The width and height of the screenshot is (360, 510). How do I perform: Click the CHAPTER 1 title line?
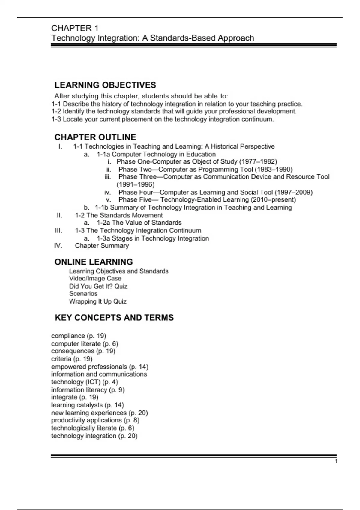pos(75,28)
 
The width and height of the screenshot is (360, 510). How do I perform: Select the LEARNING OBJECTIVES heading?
pos(105,85)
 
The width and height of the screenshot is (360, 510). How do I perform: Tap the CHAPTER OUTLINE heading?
pos(95,137)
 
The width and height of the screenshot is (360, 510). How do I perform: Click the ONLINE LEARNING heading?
pos(94,262)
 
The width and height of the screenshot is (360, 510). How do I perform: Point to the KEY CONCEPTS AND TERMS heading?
pos(114,318)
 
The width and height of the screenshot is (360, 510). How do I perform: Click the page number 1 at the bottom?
pos(336,461)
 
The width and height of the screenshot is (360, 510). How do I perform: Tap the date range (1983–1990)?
pos(273,169)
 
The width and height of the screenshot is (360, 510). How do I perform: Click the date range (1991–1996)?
pos(136,184)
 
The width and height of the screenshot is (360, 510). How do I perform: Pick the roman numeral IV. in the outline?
pos(58,246)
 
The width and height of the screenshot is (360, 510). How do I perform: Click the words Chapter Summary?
pos(102,246)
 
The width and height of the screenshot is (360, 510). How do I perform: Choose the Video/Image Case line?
pos(95,278)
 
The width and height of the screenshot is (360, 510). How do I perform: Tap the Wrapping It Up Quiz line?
pos(98,301)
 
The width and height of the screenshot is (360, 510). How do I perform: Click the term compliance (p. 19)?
pos(79,336)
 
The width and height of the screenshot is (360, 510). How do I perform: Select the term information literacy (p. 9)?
pos(88,390)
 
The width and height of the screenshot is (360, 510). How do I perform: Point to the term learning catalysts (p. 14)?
pos(88,405)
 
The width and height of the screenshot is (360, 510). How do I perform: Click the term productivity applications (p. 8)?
pos(95,420)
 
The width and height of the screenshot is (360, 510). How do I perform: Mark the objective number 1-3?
pos(56,119)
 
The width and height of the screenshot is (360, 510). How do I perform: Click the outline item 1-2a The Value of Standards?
pos(139,223)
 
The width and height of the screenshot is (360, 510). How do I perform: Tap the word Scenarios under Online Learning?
pos(83,294)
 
